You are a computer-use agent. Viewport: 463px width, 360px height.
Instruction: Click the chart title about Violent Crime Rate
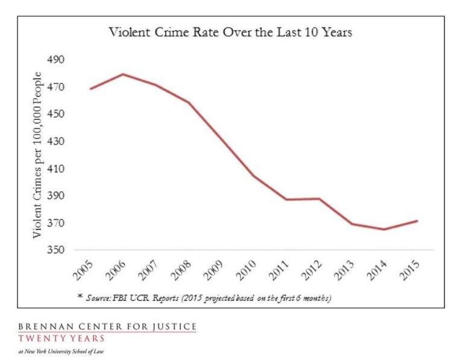pyautogui.click(x=230, y=33)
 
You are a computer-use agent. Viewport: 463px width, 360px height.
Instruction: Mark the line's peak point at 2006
pyautogui.click(x=123, y=74)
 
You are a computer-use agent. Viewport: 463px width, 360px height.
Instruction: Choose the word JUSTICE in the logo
pyautogui.click(x=175, y=327)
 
